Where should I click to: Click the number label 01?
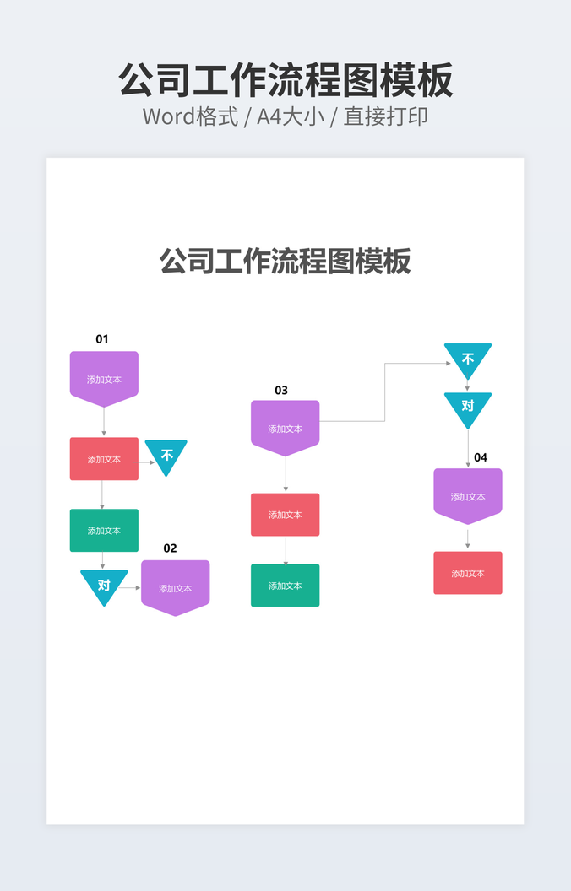(102, 339)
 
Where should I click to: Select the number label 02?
(170, 548)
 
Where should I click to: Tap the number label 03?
(281, 391)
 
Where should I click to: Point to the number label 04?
(481, 457)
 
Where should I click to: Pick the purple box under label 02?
(175, 587)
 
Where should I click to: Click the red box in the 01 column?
(104, 458)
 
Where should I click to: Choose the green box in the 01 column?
(104, 530)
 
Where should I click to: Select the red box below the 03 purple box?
(285, 514)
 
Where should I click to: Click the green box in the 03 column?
(285, 586)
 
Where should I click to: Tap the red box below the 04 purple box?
(468, 573)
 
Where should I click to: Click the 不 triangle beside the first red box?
(166, 455)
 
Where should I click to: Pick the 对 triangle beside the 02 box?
(104, 586)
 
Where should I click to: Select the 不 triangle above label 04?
(468, 359)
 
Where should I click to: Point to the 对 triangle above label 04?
(468, 408)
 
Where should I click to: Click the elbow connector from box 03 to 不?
(385, 392)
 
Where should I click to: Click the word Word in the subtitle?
(169, 117)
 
